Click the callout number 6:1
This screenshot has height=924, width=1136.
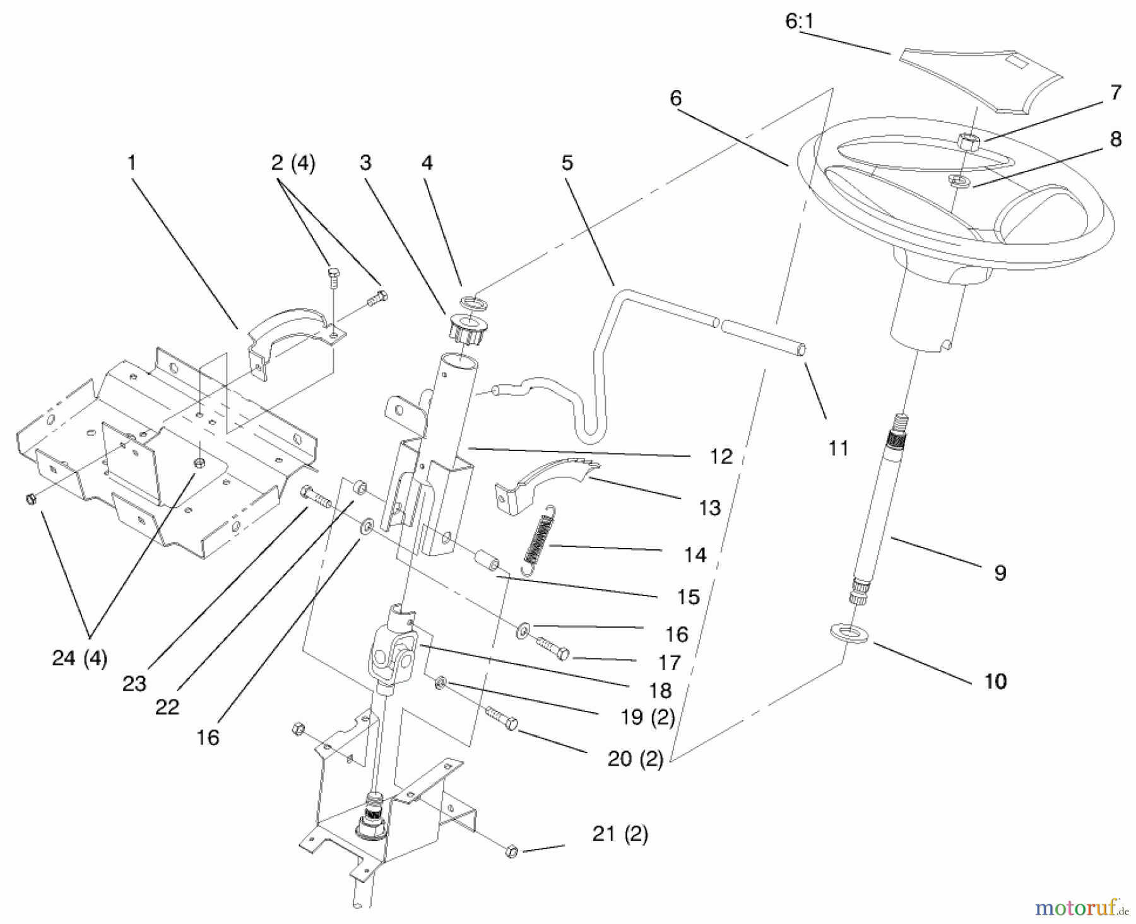tap(800, 21)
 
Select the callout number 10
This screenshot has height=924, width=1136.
tap(995, 681)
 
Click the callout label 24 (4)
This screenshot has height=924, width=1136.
tap(80, 658)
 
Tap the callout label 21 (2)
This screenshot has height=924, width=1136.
tap(620, 834)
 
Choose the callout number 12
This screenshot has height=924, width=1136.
tap(721, 457)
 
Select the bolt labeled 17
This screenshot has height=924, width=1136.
tap(553, 648)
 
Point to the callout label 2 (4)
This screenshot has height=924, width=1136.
tap(293, 163)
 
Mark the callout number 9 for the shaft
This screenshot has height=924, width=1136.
tap(1000, 573)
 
